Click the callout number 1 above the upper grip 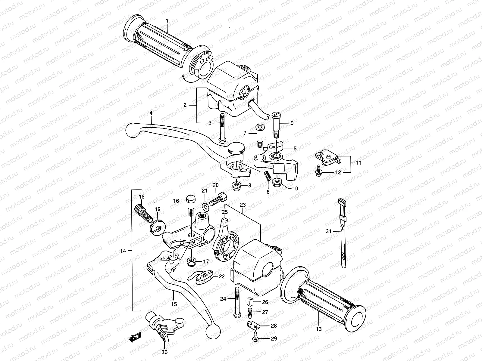click(x=167, y=21)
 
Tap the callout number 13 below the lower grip click(x=319, y=329)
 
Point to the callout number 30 click(x=164, y=352)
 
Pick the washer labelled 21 click(x=205, y=206)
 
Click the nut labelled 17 click(x=191, y=262)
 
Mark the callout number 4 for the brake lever click(x=151, y=113)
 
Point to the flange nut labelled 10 click(x=277, y=183)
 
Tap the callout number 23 click(x=243, y=205)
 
